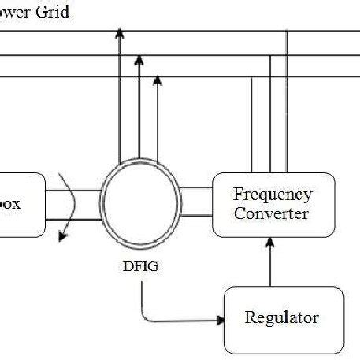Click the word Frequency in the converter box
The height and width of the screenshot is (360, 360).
[273, 194]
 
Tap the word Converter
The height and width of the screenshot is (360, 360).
[273, 213]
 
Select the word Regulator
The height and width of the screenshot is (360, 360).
[282, 318]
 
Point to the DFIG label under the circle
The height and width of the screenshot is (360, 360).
[142, 266]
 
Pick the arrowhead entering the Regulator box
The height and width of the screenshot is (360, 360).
[218, 320]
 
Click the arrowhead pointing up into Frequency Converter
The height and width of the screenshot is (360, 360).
[273, 247]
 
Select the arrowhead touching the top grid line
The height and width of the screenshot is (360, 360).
[119, 33]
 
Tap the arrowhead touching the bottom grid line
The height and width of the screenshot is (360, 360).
[157, 80]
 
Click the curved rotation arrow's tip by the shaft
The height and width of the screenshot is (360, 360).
[62, 237]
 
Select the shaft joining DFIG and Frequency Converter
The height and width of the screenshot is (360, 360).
[196, 203]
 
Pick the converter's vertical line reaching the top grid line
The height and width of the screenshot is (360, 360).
[287, 102]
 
